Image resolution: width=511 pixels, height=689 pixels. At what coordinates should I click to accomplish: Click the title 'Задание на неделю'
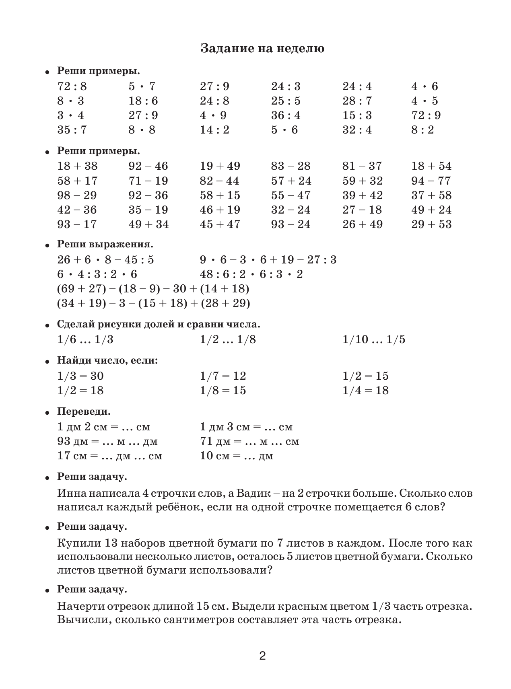click(x=262, y=49)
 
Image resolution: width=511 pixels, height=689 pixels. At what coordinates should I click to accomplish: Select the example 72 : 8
click(x=72, y=86)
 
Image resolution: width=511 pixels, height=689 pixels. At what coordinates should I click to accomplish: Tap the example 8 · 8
click(x=142, y=130)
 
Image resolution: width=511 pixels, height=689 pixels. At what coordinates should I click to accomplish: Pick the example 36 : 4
click(x=286, y=115)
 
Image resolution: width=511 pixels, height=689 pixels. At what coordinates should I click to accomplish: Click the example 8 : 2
click(x=422, y=130)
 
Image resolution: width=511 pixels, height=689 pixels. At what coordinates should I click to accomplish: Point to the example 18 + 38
click(x=77, y=166)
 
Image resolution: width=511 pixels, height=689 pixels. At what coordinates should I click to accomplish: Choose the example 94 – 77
click(x=431, y=181)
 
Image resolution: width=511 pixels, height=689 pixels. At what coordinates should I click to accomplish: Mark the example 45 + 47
click(x=220, y=224)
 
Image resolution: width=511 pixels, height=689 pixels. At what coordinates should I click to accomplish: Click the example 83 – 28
click(x=291, y=166)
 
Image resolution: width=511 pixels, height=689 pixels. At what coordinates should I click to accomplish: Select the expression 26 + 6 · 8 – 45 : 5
click(x=105, y=260)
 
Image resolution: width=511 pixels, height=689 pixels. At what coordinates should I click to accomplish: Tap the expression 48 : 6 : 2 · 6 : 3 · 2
click(x=251, y=274)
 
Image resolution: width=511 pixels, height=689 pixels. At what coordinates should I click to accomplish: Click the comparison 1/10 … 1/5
click(x=374, y=339)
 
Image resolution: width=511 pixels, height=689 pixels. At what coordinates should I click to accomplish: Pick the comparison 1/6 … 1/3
click(x=85, y=339)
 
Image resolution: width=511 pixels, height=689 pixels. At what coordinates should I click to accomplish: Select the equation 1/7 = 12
click(x=223, y=376)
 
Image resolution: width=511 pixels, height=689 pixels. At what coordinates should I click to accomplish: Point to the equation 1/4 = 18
click(x=365, y=391)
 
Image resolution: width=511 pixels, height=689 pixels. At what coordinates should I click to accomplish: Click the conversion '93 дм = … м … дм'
click(x=107, y=442)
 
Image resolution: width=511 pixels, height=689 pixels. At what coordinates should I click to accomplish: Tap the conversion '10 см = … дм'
click(x=237, y=456)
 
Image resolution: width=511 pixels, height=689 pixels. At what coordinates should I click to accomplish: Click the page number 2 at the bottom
click(x=262, y=657)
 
